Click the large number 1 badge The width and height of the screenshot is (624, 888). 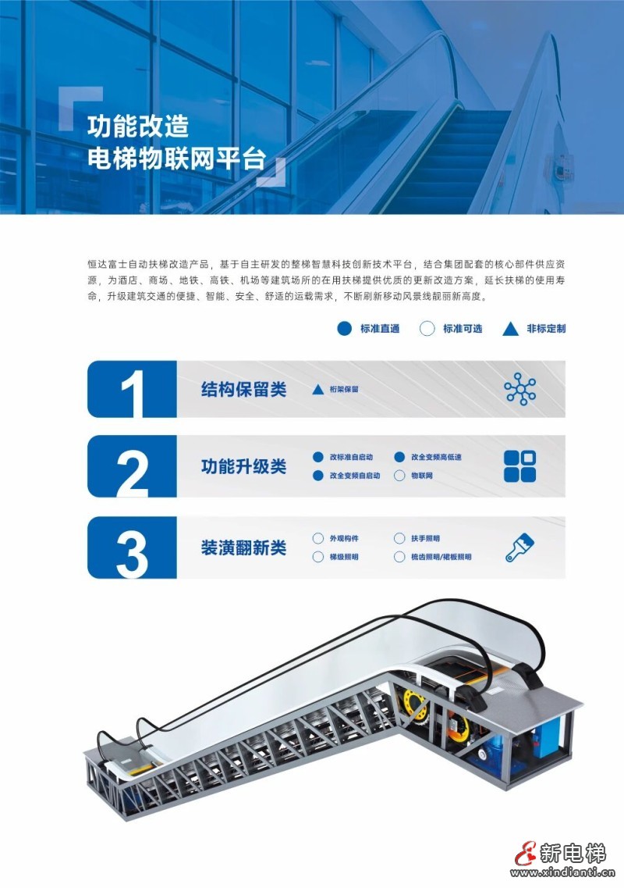(132, 389)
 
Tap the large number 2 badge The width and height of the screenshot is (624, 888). (132, 466)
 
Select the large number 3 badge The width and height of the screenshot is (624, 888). (132, 547)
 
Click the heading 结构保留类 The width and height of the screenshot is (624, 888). (244, 389)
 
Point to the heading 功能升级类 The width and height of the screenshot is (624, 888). (244, 466)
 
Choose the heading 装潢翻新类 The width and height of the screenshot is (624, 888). (244, 547)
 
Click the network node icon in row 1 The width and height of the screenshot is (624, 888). (520, 389)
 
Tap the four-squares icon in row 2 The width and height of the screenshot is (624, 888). (520, 466)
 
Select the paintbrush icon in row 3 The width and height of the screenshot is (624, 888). (520, 547)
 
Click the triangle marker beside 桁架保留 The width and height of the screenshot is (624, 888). (318, 389)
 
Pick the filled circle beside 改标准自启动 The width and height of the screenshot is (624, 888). (318, 457)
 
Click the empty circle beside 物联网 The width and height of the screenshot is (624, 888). (399, 476)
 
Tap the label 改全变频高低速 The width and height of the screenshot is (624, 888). (436, 457)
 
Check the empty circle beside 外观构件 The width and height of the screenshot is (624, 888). (318, 538)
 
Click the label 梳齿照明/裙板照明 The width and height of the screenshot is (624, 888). (441, 557)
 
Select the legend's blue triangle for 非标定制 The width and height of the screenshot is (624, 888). (510, 329)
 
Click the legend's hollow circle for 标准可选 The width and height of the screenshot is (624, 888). (427, 329)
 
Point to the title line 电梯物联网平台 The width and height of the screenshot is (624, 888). (176, 159)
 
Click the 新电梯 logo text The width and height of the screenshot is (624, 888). (573, 852)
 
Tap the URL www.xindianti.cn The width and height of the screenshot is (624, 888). (562, 872)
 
